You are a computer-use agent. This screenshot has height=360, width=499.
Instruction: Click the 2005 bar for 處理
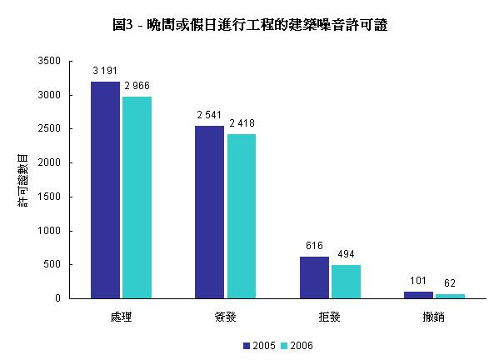pyautogui.click(x=105, y=189)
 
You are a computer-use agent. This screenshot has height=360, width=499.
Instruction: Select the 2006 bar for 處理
pyautogui.click(x=137, y=197)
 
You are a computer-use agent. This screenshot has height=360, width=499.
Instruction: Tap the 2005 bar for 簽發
pyautogui.click(x=209, y=212)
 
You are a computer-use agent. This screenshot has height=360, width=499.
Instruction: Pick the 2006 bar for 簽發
pyautogui.click(x=241, y=216)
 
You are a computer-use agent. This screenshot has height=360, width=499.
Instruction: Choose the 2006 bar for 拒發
pyautogui.click(x=346, y=281)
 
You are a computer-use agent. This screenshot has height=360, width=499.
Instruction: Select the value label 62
pyautogui.click(x=451, y=283)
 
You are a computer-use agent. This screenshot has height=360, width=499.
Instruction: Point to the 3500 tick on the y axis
pyautogui.click(x=50, y=62)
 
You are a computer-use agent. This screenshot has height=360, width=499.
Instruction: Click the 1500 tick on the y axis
pyautogui.click(x=50, y=197)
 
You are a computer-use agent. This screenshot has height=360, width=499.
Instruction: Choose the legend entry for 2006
pyautogui.click(x=297, y=345)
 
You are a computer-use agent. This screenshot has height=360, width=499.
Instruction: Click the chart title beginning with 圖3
pyautogui.click(x=249, y=26)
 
